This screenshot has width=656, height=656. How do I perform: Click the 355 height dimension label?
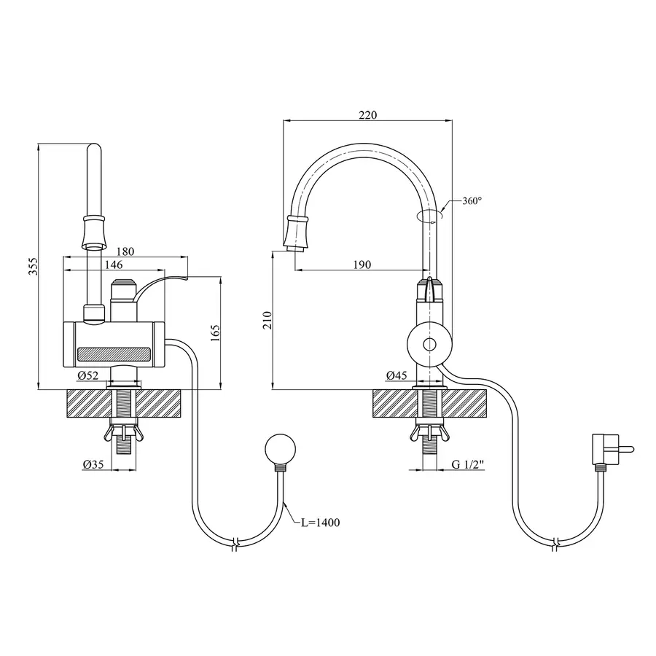click(34, 266)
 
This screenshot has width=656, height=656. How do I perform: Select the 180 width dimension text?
click(125, 251)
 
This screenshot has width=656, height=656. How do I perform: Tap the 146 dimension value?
click(114, 265)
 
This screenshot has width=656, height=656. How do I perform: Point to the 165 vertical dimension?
click(215, 333)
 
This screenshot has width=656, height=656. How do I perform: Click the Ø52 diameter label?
click(88, 375)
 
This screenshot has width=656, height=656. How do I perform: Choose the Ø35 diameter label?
click(93, 464)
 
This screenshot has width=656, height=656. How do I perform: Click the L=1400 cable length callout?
click(321, 522)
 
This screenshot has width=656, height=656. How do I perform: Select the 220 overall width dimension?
click(368, 114)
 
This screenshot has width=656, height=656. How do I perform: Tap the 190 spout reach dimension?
click(362, 265)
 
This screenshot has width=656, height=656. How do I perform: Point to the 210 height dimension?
click(268, 320)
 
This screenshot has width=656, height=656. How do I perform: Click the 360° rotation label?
click(472, 201)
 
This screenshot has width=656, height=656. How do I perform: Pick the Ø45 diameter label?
click(397, 375)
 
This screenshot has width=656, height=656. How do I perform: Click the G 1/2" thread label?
click(468, 464)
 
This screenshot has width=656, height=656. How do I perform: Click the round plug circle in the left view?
click(281, 449)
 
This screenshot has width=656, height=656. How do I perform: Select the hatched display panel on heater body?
click(114, 354)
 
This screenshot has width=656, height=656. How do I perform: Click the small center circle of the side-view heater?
click(429, 345)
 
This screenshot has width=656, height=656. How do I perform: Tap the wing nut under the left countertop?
click(123, 433)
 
